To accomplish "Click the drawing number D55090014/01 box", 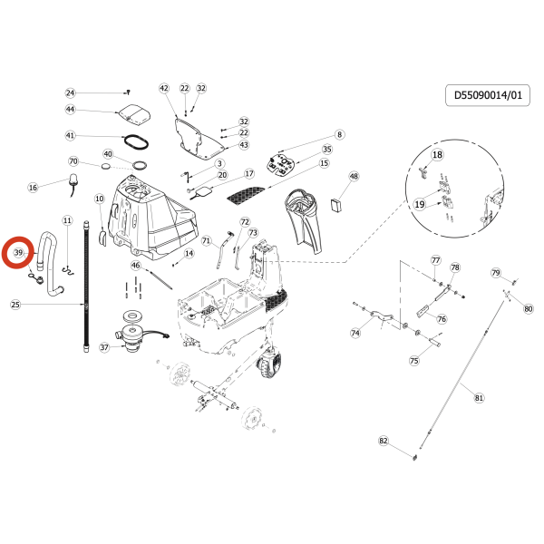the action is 488,95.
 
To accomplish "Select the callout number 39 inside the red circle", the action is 18,253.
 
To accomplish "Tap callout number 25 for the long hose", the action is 15,305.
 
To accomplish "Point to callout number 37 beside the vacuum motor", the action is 104,347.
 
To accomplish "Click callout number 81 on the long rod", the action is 479,398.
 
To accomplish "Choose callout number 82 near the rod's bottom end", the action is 383,441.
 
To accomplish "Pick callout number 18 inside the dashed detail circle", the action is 437,154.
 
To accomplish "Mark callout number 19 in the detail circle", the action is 420,204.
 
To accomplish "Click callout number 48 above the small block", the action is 354,176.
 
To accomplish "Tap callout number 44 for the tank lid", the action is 70,110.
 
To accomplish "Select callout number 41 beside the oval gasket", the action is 70,135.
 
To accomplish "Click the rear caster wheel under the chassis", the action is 269,364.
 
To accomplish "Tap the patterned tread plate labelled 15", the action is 245,194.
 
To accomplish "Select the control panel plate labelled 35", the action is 281,164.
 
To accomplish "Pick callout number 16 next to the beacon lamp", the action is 33,188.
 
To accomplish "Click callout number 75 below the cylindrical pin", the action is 414,361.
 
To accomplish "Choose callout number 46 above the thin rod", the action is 136,266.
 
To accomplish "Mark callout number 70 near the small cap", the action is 73,161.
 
